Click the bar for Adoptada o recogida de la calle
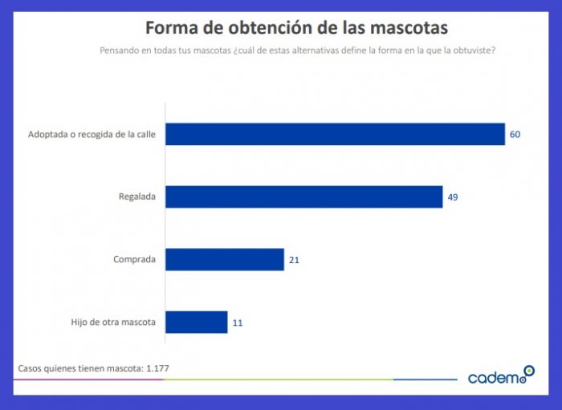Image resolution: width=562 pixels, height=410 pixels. [335, 134]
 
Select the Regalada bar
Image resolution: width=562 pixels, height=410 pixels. [304, 197]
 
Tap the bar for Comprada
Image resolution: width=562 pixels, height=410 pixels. [225, 259]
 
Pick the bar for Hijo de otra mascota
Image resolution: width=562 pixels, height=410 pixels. [197, 323]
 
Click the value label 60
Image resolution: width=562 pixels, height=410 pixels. [515, 134]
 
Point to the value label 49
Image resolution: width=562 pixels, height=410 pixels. [453, 197]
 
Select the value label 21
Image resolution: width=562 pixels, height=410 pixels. [294, 260]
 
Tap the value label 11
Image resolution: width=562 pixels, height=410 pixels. [238, 323]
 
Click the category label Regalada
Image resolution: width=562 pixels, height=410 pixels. [136, 197]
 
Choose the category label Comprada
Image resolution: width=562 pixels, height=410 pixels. [134, 260]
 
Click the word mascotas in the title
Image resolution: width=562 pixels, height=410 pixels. [409, 28]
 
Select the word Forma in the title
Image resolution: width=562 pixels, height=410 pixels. [172, 28]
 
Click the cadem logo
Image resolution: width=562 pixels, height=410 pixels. [500, 375]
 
